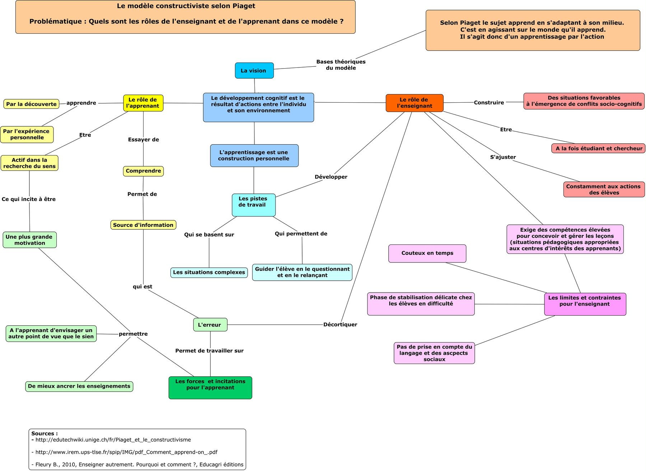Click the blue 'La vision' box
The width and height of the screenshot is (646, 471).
click(254, 71)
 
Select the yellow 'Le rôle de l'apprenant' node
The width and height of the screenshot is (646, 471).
click(143, 103)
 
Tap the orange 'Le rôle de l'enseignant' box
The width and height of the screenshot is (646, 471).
click(414, 103)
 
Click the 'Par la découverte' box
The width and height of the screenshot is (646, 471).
click(31, 104)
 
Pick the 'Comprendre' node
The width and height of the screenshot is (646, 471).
click(143, 171)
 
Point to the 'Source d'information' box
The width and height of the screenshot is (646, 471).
click(143, 225)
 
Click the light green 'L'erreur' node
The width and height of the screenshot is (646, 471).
click(210, 325)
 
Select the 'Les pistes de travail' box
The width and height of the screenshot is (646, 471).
click(253, 205)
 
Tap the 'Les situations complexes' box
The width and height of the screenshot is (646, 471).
click(209, 272)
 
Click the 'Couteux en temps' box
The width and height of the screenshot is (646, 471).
click(427, 253)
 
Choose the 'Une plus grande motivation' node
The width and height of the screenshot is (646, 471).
click(29, 240)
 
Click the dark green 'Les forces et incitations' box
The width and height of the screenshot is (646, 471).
click(210, 388)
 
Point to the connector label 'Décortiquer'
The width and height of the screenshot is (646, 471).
click(340, 325)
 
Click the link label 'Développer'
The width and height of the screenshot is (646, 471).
click(331, 177)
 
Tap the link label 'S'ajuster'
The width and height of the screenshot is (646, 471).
click(503, 157)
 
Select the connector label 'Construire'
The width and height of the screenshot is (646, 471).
click(489, 103)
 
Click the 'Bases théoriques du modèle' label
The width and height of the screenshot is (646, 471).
click(341, 65)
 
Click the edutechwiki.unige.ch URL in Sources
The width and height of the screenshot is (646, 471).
click(113, 440)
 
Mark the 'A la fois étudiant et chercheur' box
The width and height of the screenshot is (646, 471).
click(598, 148)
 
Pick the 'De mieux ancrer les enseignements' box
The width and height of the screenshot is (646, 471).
click(79, 386)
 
